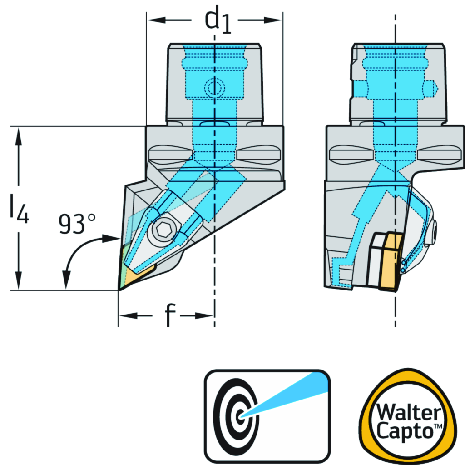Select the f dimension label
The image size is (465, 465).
pyautogui.click(x=168, y=315)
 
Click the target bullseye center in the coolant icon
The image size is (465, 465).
pyautogui.click(x=240, y=415)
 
